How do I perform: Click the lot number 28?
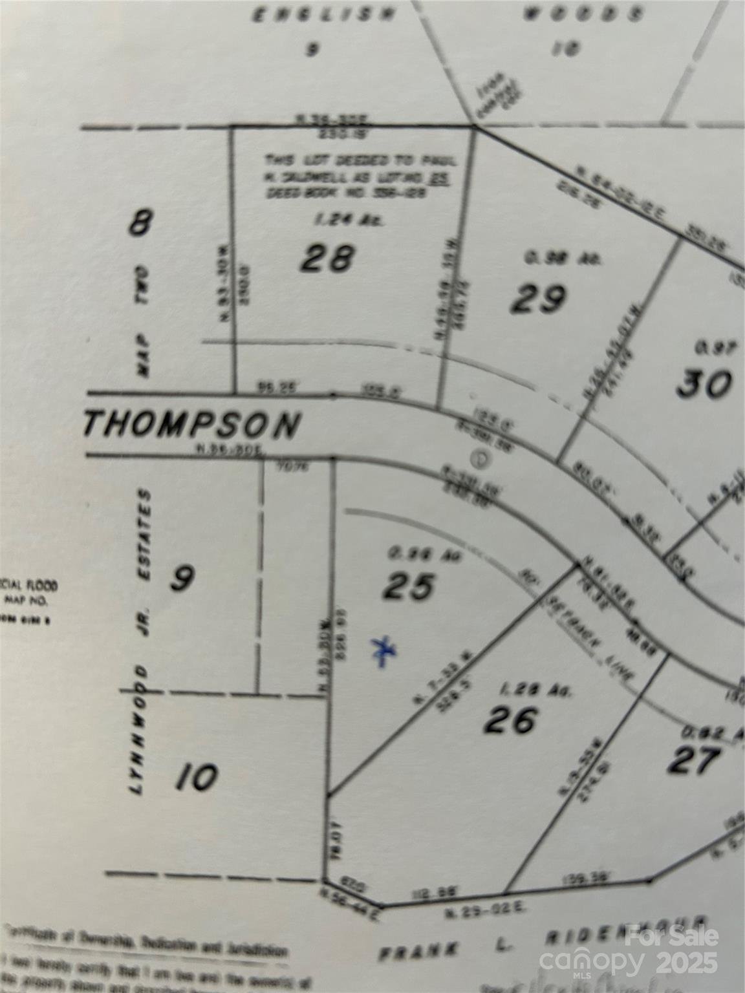coord(328,259)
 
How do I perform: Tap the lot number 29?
coord(538,299)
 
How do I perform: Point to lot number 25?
coord(408,587)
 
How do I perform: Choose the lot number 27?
coord(694,761)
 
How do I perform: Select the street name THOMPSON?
coord(192,425)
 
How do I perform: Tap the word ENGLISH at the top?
coord(323,16)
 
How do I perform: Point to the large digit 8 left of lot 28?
coord(140,224)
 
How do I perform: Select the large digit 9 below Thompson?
coord(182,578)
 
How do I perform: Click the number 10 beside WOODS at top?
coord(566,48)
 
